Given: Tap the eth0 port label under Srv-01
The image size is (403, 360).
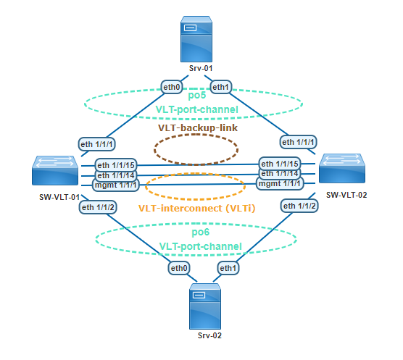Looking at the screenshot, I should [173, 88].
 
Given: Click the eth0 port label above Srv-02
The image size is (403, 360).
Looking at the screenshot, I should [180, 268].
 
